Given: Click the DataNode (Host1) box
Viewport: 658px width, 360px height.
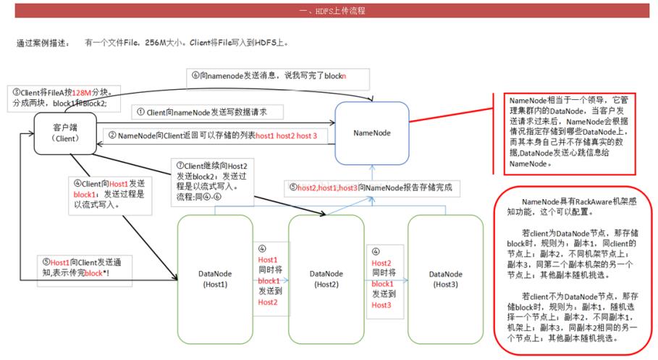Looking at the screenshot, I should pyautogui.click(x=215, y=278).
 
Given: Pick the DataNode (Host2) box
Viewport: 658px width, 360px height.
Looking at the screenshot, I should pyautogui.click(x=326, y=278).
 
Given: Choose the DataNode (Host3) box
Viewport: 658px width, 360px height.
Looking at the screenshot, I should pyautogui.click(x=444, y=278).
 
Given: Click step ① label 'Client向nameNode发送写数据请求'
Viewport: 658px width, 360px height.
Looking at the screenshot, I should pyautogui.click(x=206, y=112).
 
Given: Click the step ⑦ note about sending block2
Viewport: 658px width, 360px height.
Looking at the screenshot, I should pyautogui.click(x=209, y=182).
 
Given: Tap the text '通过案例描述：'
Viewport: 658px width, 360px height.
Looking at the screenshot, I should pyautogui.click(x=43, y=43).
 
